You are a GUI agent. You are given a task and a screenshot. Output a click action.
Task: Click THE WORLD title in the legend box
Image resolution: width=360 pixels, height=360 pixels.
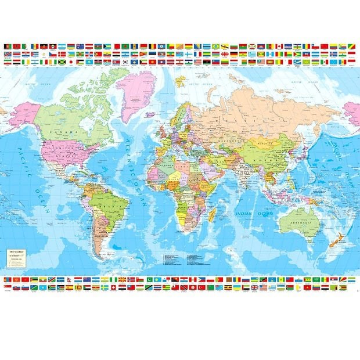tap(16, 236)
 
